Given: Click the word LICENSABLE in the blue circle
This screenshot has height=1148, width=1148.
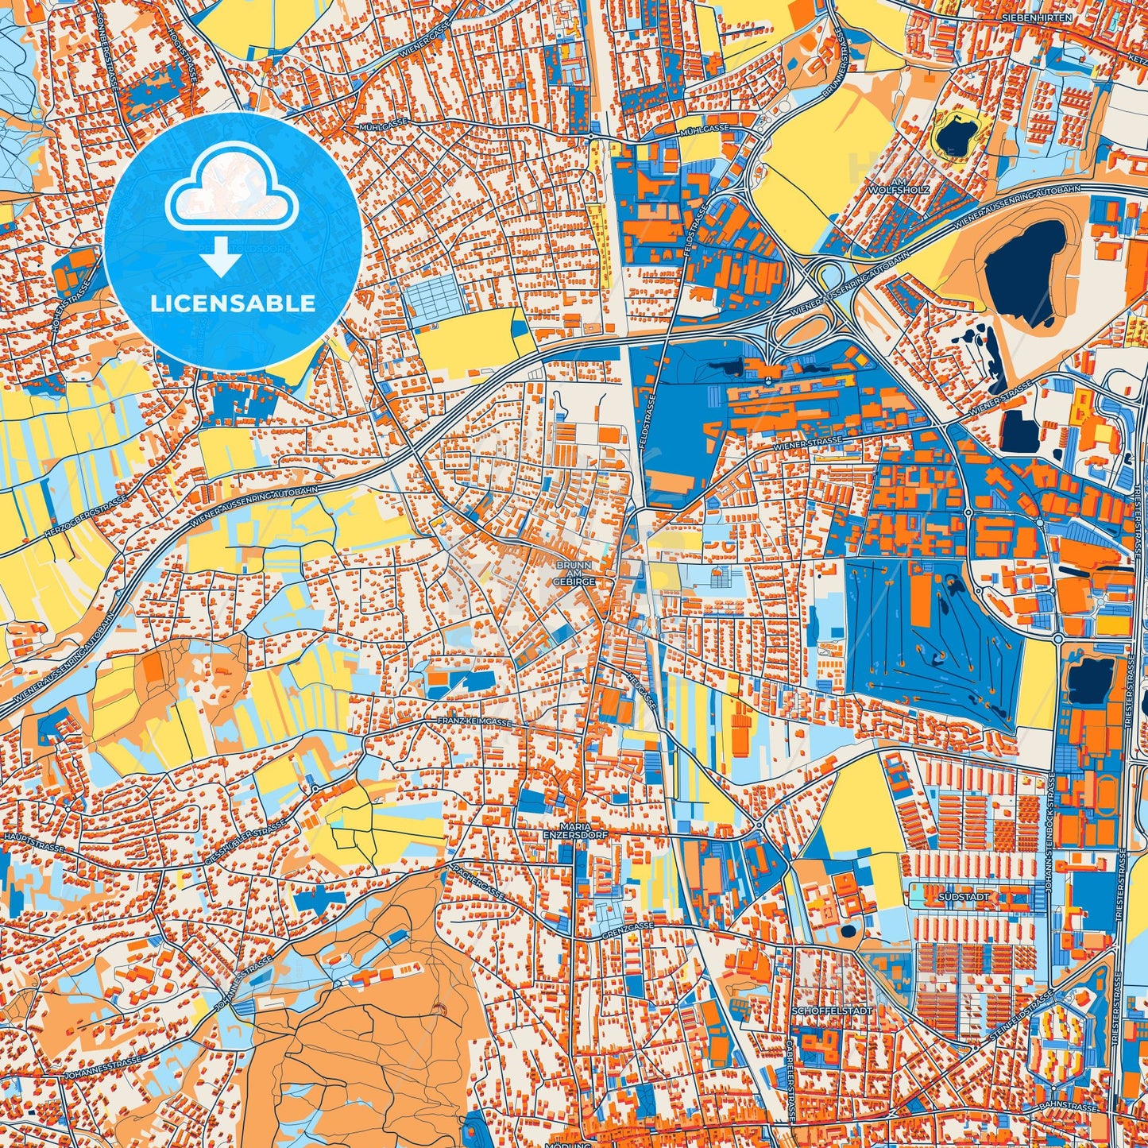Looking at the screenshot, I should pos(234,303).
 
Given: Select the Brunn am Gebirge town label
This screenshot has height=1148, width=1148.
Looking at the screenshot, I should pos(576,572).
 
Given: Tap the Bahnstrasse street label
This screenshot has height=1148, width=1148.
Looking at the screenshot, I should pos(1073,1107).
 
